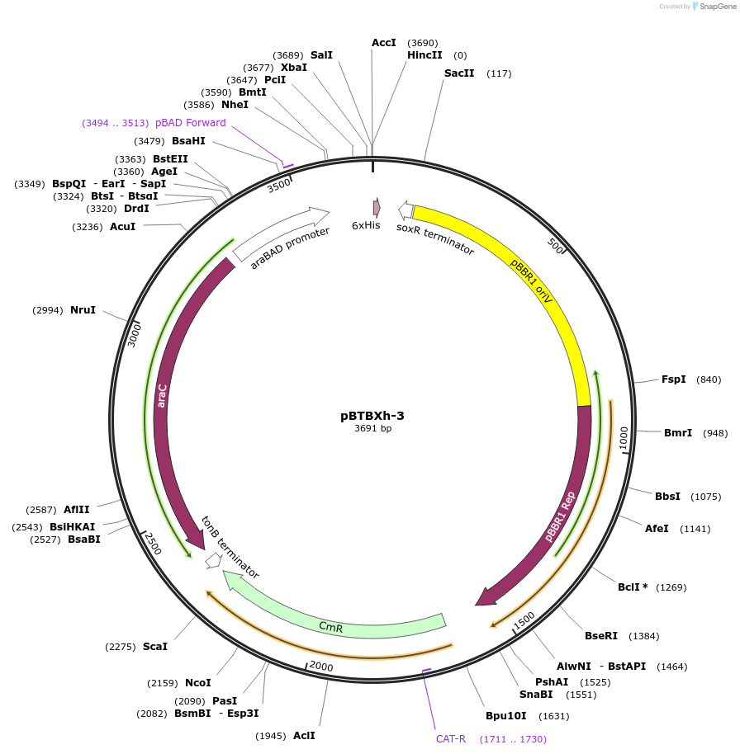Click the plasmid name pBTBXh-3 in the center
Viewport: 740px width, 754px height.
coord(372,416)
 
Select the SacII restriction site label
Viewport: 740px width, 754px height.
coord(459,73)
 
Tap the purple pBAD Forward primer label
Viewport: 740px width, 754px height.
coord(190,123)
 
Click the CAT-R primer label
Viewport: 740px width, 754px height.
coord(451,738)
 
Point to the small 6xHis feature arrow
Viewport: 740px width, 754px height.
coord(377,207)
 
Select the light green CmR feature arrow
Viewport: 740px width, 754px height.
coord(330,624)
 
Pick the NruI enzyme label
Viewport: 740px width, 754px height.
coord(83,310)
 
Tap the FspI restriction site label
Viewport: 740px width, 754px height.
coord(673,379)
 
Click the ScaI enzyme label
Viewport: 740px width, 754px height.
coord(155,647)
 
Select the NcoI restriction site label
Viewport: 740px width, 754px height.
coord(197,683)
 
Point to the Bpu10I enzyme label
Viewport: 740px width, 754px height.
coord(505,716)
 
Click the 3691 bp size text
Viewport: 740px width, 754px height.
coord(372,429)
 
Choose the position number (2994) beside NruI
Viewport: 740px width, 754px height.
coord(48,310)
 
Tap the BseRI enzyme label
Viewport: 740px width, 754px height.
coord(601,636)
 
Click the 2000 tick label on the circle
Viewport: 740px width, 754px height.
coord(320,667)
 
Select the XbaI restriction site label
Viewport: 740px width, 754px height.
coord(293,68)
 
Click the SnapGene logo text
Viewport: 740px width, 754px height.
coord(716,7)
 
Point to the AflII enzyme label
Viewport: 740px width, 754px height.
coord(76,510)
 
